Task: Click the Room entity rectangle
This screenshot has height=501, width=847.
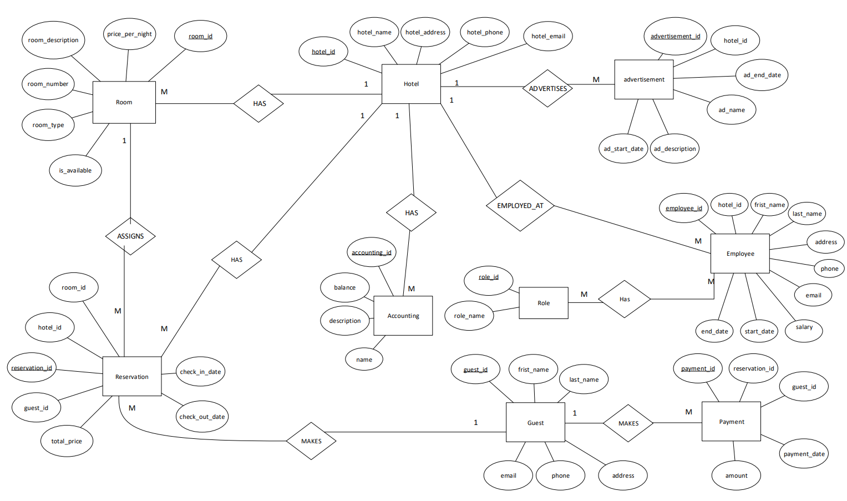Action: [x=124, y=102]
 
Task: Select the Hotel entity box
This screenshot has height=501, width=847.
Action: [x=411, y=84]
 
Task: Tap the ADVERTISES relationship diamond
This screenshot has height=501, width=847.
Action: [x=547, y=88]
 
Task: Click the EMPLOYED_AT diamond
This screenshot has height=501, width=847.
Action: [x=520, y=206]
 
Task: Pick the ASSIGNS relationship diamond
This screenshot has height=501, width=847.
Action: [x=130, y=236]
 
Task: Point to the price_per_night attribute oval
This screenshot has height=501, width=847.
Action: [x=129, y=34]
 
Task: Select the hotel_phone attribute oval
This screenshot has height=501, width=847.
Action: [x=484, y=32]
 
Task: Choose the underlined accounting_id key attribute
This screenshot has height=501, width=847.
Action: [x=371, y=252]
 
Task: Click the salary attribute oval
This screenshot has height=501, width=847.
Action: [x=804, y=327]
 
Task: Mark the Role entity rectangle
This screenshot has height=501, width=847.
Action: [x=543, y=303]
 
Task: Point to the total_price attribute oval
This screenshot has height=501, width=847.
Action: [x=67, y=441]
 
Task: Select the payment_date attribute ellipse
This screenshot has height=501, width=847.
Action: [x=804, y=454]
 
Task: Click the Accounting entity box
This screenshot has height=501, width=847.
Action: [x=403, y=316]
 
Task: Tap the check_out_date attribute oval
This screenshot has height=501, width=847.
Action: [x=202, y=417]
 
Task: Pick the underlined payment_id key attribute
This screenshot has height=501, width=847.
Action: [x=697, y=368]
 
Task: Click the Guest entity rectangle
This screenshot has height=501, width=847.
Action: [x=535, y=423]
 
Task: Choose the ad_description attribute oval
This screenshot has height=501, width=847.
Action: [x=674, y=149]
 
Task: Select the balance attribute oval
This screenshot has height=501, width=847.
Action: [x=344, y=287]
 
